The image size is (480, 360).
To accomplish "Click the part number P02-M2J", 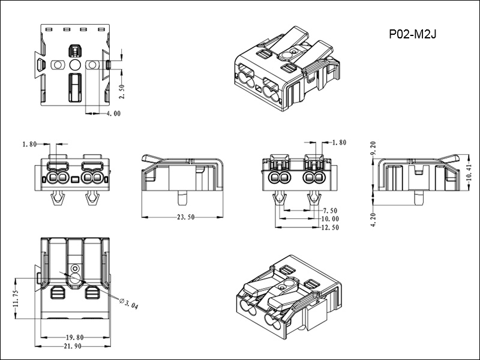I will pyautogui.click(x=412, y=34).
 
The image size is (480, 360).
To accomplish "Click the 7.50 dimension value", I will pyautogui.click(x=329, y=211).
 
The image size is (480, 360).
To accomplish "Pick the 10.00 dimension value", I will pyautogui.click(x=330, y=219).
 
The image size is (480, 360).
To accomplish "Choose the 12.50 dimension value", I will pyautogui.click(x=330, y=227).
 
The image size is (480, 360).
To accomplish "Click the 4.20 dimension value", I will pyautogui.click(x=373, y=220).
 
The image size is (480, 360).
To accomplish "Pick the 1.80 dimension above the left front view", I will pyautogui.click(x=29, y=144).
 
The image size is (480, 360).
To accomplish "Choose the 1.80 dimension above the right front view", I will pyautogui.click(x=339, y=143).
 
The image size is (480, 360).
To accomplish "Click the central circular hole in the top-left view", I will pyautogui.click(x=76, y=64).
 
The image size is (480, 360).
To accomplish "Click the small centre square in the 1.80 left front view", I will pyautogui.click(x=75, y=179).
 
